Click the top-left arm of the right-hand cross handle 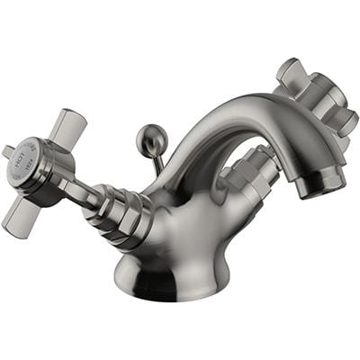(290, 70)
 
